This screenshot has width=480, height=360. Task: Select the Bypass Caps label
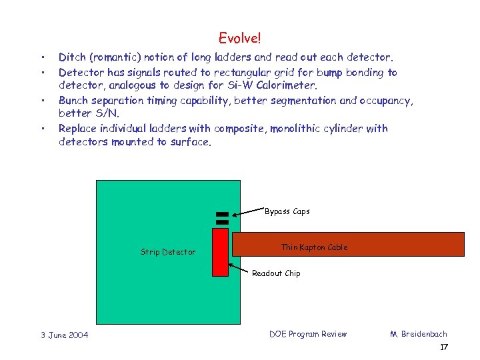click(x=287, y=211)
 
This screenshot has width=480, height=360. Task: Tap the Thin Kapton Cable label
click(x=314, y=247)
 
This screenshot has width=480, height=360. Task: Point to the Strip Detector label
click(x=168, y=252)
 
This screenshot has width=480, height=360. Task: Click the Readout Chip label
click(x=276, y=273)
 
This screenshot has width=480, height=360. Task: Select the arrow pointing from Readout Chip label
click(x=239, y=269)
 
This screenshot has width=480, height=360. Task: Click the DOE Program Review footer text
click(x=308, y=334)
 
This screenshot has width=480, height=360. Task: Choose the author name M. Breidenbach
click(x=418, y=334)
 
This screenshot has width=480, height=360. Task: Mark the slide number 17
click(x=444, y=347)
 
